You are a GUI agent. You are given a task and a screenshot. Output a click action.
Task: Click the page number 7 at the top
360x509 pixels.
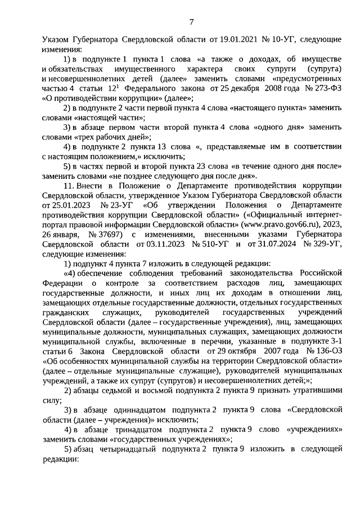tap(191, 22)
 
